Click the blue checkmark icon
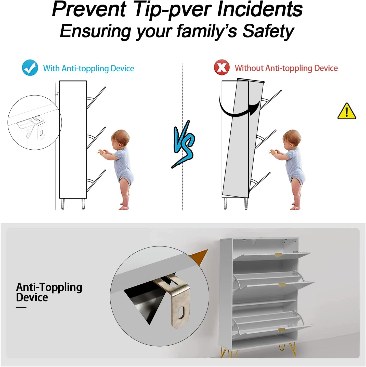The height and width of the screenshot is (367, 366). coord(30,68)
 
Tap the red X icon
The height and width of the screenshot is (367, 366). coord(221,67)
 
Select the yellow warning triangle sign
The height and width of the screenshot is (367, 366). coord(347,111)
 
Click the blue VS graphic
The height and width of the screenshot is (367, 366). coord(183,144)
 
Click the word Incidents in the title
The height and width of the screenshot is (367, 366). coord(260,9)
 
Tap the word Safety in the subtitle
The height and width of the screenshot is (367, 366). coord(268,31)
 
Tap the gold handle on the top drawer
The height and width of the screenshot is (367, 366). coord(278,255)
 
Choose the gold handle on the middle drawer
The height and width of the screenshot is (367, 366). coord(282,285)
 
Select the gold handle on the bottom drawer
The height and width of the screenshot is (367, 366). coord(282,330)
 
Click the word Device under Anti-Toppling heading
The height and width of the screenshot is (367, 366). coord(32,297)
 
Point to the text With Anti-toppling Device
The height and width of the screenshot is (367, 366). coord(89,69)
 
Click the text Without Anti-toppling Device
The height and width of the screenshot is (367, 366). coord(286,68)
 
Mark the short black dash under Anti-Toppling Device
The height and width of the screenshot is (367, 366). coord(21,307)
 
